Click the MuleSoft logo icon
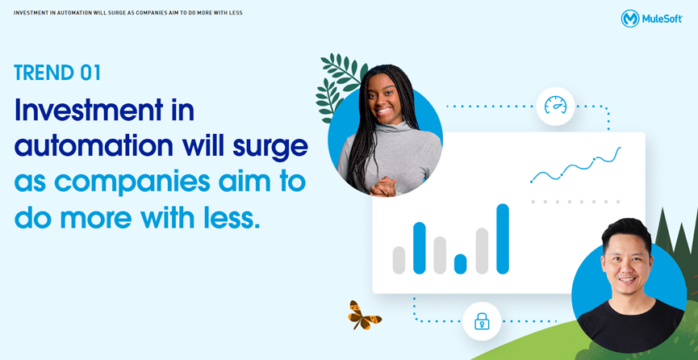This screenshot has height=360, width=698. point(630,19)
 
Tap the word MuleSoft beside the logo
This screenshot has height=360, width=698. point(662,19)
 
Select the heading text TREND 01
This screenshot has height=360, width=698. point(57,73)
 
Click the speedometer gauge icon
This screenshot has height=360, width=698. point(555,106)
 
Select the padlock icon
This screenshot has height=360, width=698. point(482,321)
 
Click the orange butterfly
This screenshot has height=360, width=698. point(364,315)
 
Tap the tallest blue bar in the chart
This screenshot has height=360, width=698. point(503,239)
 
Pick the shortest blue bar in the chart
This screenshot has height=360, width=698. point(460,264)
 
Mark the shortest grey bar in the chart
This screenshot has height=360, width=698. point(399,260)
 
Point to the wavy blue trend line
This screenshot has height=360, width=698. point(575,165)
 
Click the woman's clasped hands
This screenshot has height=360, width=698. point(382,186)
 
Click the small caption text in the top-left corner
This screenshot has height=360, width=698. point(128,13)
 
